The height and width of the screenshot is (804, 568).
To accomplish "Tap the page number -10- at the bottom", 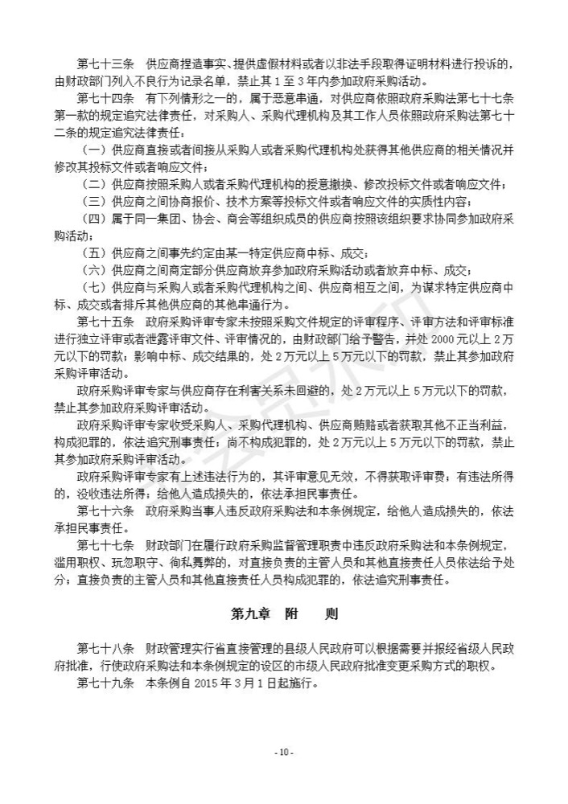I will click(x=284, y=753).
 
